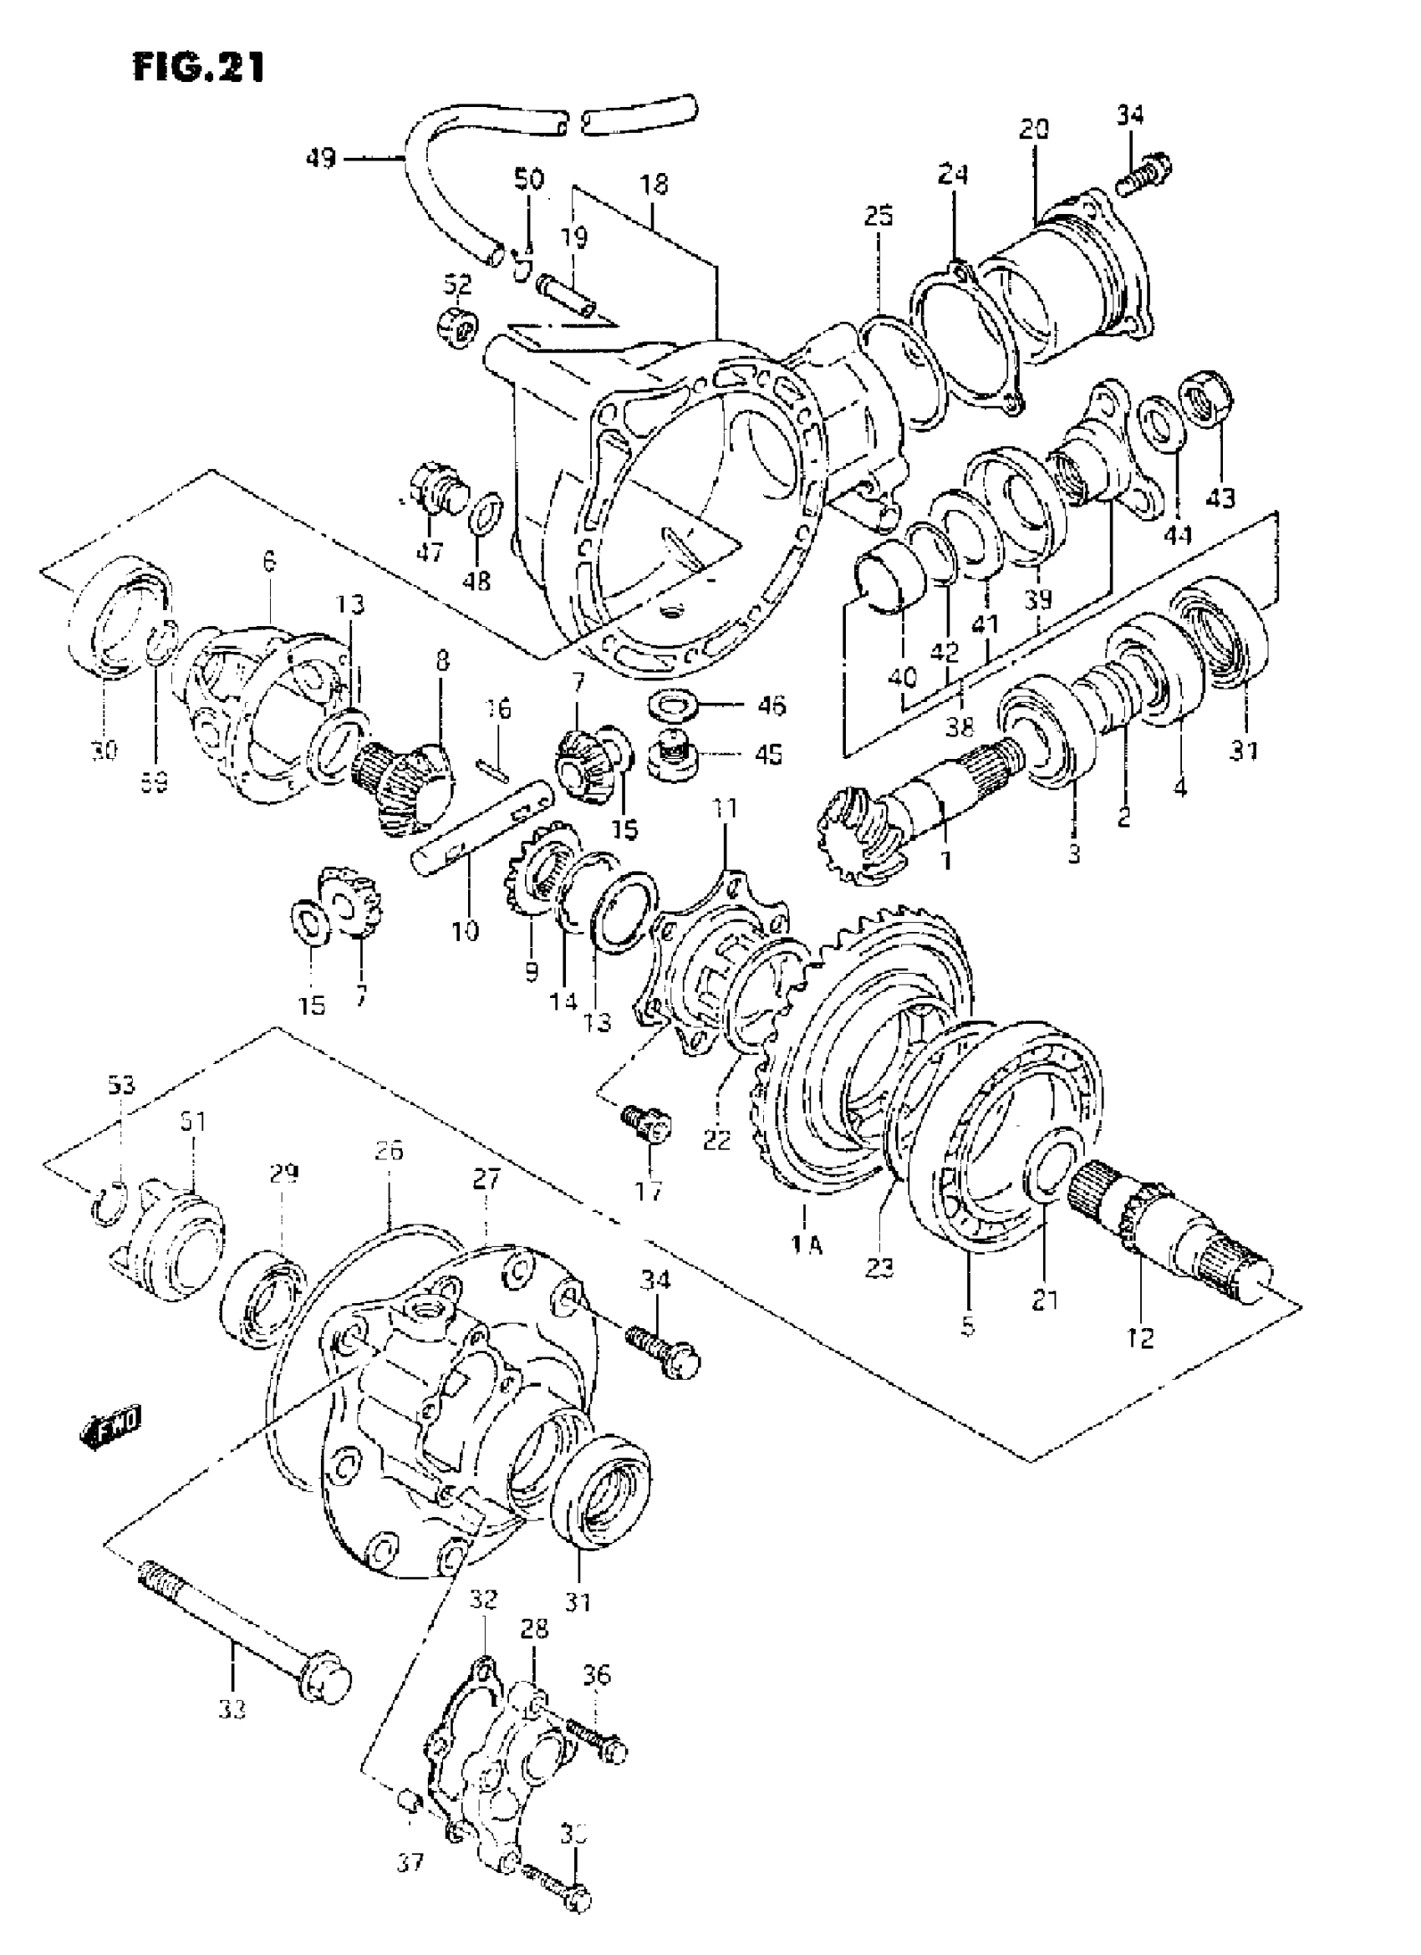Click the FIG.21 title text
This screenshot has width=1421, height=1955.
(198, 66)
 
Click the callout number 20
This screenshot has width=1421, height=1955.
(1034, 130)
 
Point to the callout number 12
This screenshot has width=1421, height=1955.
(1140, 1338)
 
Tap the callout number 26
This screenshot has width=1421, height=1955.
(388, 1151)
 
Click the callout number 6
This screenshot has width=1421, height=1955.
(270, 563)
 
